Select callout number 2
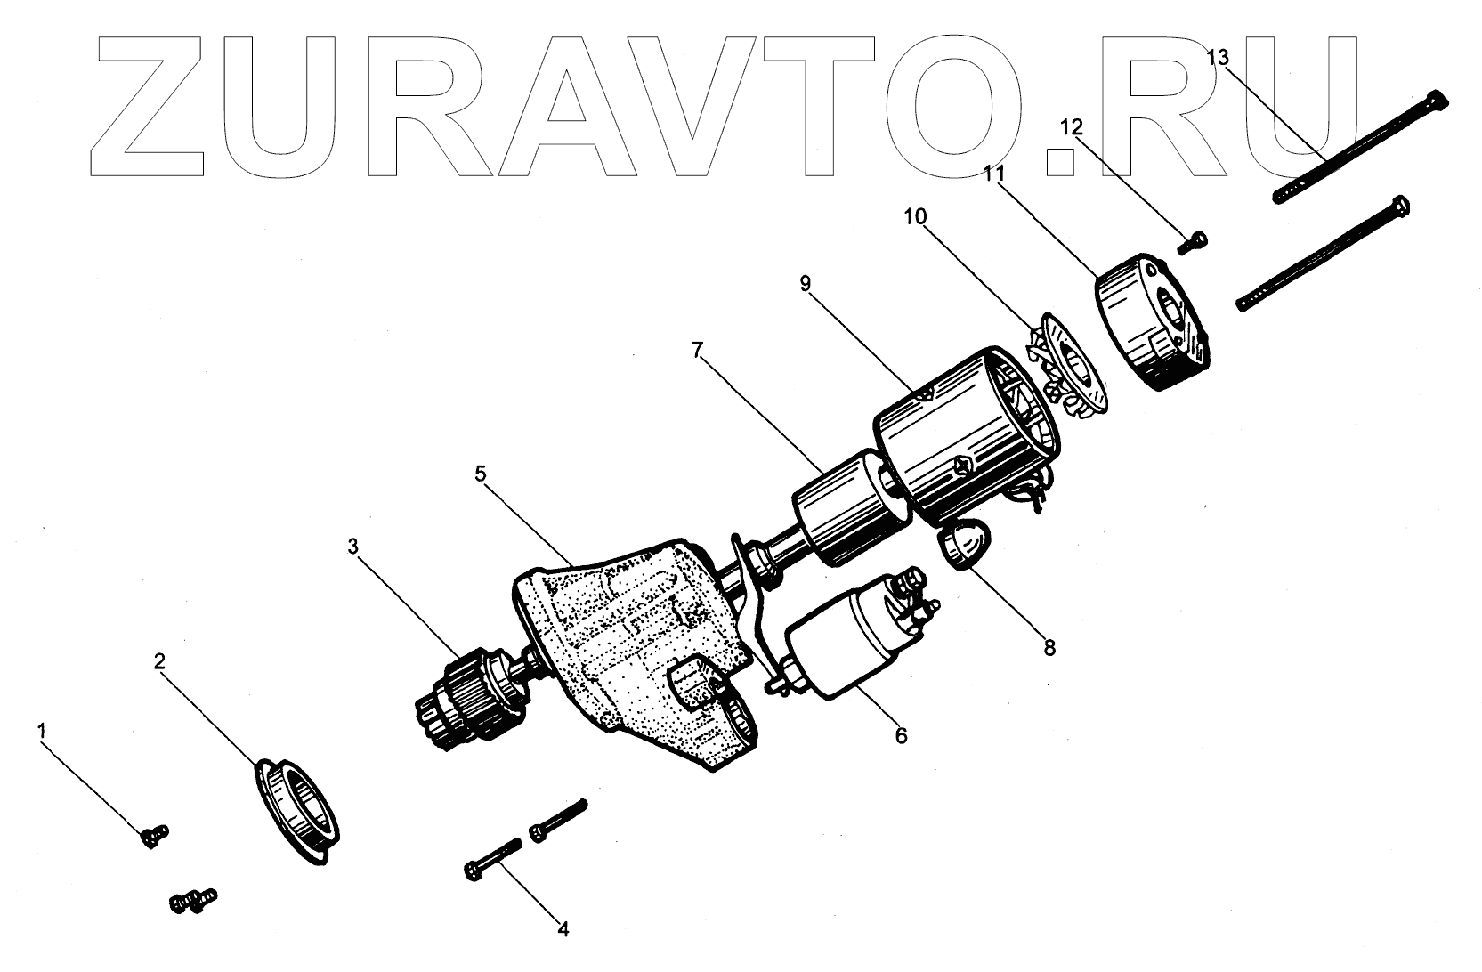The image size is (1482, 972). click(159, 661)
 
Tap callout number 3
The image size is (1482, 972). click(352, 546)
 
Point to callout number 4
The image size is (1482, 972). click(563, 929)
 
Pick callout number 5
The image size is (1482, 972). click(481, 474)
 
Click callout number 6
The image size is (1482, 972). click(901, 735)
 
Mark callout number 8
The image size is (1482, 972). click(1049, 647)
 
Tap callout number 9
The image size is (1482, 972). click(806, 284)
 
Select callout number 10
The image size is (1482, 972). click(915, 216)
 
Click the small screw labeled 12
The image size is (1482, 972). click(1196, 240)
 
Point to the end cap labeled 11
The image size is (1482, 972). click(1153, 325)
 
